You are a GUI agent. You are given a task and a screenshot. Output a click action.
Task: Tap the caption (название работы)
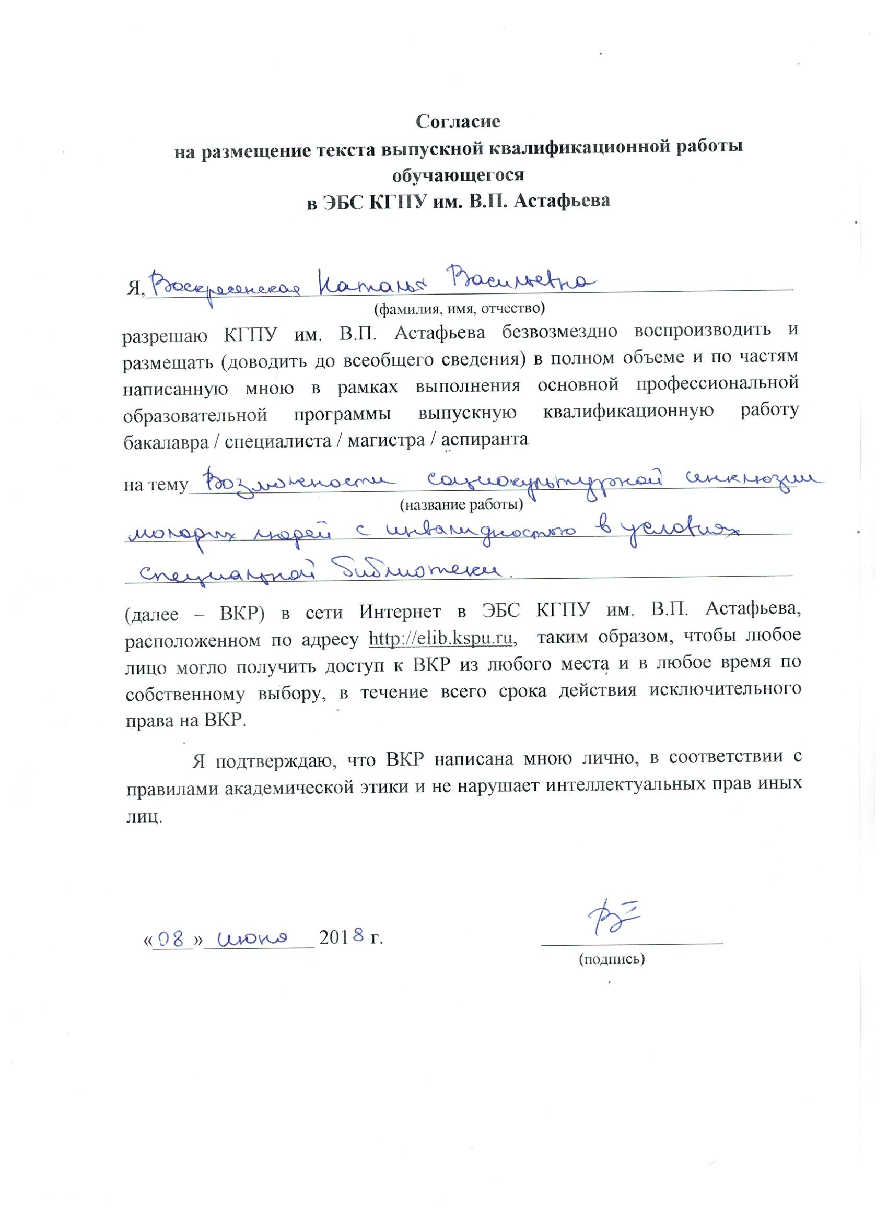pos(460,504)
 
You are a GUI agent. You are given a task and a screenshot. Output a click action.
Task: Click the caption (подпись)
pos(611,959)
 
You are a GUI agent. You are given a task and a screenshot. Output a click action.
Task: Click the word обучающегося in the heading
pos(458,175)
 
